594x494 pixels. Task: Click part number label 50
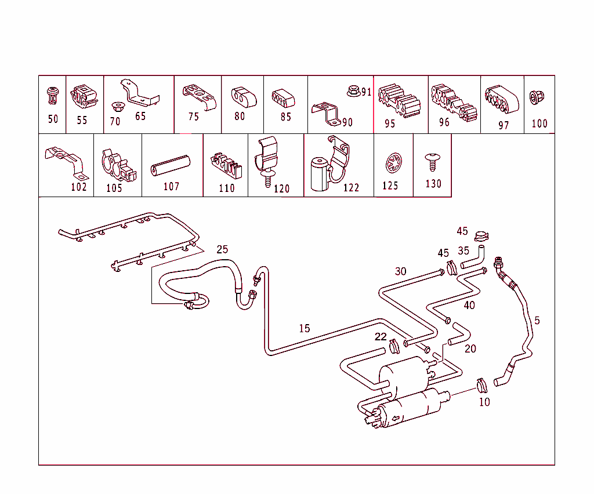(x=53, y=119)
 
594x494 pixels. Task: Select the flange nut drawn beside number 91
(x=352, y=91)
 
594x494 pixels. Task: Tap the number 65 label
(x=140, y=116)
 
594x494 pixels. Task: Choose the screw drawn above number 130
(x=432, y=161)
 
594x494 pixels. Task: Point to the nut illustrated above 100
(x=538, y=98)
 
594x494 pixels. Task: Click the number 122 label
(x=351, y=187)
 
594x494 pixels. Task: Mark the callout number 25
(x=222, y=249)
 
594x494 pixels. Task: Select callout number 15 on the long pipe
(x=305, y=328)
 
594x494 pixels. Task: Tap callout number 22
(x=381, y=337)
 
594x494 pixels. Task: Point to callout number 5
(x=537, y=320)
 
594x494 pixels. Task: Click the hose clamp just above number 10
(x=481, y=384)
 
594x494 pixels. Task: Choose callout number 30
(x=401, y=271)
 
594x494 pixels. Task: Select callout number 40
(x=469, y=305)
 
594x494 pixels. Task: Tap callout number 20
(x=470, y=348)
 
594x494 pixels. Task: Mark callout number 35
(x=463, y=251)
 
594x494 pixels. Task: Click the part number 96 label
(x=444, y=122)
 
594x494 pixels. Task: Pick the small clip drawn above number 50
(x=53, y=96)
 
